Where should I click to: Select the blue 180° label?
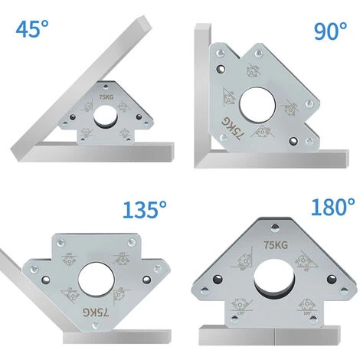pos(333,208)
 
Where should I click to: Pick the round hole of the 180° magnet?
pos(272,277)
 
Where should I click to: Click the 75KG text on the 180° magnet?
pos(274,245)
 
